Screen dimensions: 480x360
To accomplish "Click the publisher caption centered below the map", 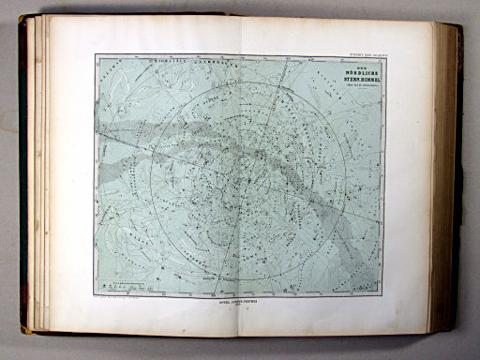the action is pyautogui.click(x=238, y=305).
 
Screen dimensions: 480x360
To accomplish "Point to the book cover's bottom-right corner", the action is pyautogui.click(x=461, y=330).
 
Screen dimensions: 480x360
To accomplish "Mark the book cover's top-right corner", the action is pyautogui.click(x=459, y=26).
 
